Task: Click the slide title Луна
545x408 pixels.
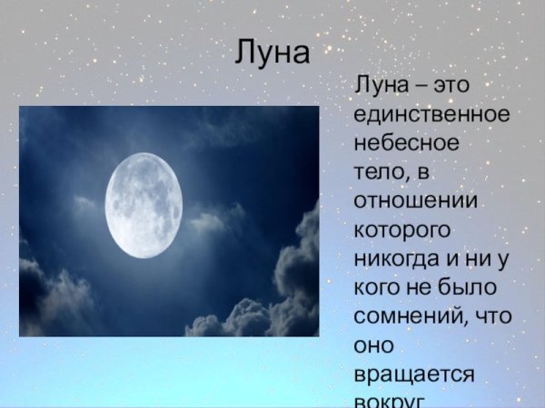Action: point(272,52)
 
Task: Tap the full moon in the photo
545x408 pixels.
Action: point(143,205)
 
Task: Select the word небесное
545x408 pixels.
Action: point(406,144)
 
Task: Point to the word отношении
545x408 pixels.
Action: point(411,197)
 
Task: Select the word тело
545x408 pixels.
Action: point(376,170)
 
